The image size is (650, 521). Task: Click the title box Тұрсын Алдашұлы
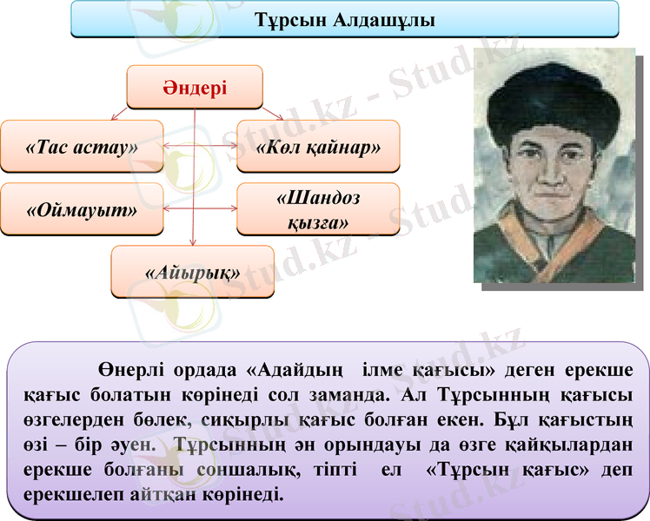(344, 19)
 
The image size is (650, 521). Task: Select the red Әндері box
(195, 87)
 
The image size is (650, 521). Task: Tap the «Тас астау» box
(82, 145)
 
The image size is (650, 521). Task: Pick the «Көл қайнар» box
(318, 145)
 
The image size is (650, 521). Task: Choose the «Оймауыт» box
(82, 208)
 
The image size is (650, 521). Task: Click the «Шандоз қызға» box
(318, 209)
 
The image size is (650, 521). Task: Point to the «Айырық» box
(192, 272)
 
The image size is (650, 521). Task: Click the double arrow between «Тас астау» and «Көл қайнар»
(201, 145)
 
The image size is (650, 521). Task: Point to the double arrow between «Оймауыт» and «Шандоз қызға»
(201, 208)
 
